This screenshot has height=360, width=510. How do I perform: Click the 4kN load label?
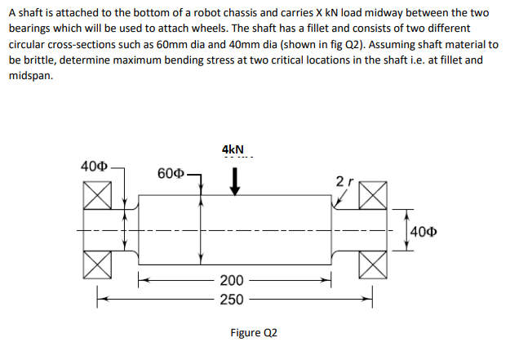(x=233, y=149)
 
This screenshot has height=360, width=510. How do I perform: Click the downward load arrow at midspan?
(x=234, y=181)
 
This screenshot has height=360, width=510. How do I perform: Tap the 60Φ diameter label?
(x=171, y=174)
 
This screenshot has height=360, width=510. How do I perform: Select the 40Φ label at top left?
(x=94, y=167)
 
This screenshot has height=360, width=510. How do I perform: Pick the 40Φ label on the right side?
(x=424, y=232)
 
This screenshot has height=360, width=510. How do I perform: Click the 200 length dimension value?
(x=232, y=280)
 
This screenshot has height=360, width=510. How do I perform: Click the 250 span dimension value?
(x=232, y=300)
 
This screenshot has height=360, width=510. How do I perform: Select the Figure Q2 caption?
(x=254, y=333)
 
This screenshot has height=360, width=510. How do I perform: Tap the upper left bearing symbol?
(x=97, y=195)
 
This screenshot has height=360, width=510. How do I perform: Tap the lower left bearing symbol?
(x=97, y=264)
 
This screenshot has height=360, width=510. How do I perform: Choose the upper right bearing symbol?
(x=373, y=195)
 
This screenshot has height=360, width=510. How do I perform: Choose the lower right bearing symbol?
(x=373, y=264)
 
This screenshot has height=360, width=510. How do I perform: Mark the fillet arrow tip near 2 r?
(x=336, y=205)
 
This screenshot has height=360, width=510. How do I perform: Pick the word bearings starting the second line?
(x=29, y=29)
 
